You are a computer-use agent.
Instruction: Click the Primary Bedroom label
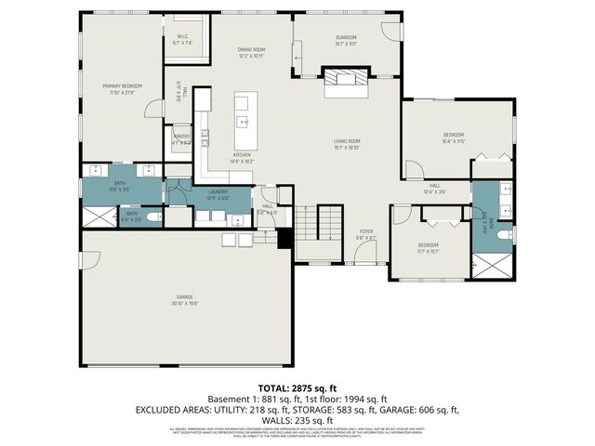(122, 85)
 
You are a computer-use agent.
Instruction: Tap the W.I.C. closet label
(182, 37)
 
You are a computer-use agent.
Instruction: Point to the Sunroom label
(346, 37)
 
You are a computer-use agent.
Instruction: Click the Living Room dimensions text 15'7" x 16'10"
(347, 147)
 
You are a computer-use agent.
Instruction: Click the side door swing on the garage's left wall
(88, 260)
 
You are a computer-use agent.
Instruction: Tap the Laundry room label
(218, 192)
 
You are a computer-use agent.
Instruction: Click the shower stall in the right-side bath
(491, 265)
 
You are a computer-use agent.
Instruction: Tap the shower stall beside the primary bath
(98, 217)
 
